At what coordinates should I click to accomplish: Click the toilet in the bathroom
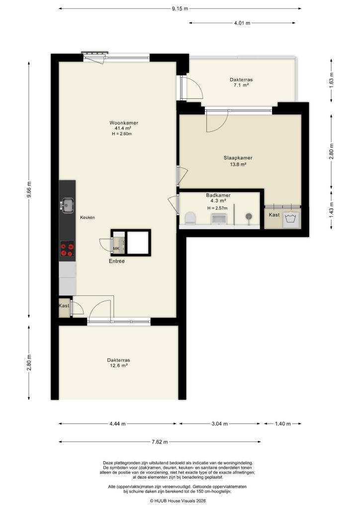[x=189, y=218]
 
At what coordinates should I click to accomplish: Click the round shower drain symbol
[x=249, y=216]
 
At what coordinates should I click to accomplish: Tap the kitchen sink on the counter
[x=67, y=204]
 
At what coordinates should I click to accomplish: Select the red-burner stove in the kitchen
[x=67, y=249]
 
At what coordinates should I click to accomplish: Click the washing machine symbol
[x=291, y=219]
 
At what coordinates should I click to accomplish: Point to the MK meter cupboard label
[x=116, y=249]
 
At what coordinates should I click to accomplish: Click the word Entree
[x=117, y=261]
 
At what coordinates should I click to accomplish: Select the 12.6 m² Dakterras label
[x=118, y=363]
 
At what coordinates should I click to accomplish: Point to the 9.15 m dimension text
[x=180, y=8]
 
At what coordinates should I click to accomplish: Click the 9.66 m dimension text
[x=29, y=190]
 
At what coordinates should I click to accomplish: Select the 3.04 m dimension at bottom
[x=219, y=424]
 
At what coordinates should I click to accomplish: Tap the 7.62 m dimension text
[x=160, y=442]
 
